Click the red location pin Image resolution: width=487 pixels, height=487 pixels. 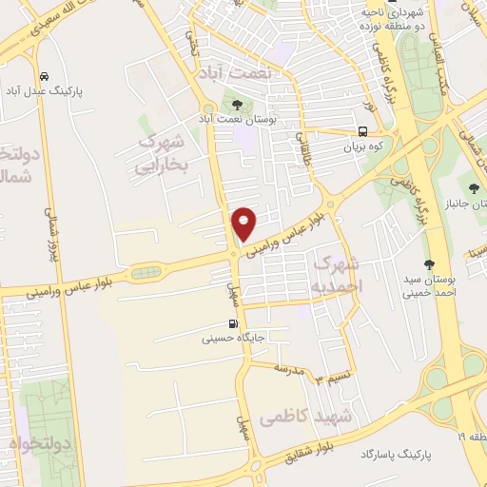pos(244,223)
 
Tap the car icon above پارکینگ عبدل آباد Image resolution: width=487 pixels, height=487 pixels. pos(45,76)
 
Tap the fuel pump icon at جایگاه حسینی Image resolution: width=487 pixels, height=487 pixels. pos(234,323)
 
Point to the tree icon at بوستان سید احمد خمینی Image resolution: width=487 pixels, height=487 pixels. pos(429,264)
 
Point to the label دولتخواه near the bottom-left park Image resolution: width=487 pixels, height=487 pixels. pos(28,443)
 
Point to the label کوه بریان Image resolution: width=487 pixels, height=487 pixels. pos(361,147)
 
